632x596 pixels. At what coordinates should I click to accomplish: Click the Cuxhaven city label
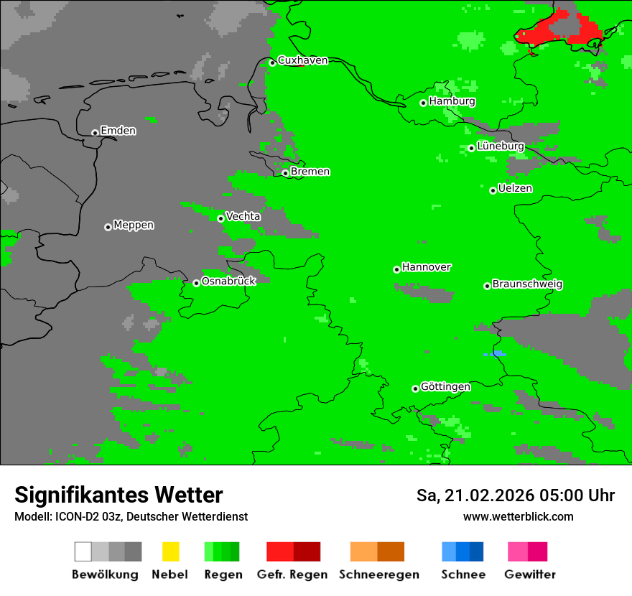click(x=302, y=60)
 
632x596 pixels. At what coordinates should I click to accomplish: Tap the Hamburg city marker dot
click(x=424, y=103)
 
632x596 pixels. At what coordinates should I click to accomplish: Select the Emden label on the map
click(x=118, y=131)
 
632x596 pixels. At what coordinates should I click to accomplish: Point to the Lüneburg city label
click(x=501, y=146)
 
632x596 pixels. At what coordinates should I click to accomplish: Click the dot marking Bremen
click(x=285, y=173)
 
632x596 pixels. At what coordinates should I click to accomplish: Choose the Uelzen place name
click(x=515, y=188)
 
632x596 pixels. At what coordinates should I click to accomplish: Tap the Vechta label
click(x=243, y=216)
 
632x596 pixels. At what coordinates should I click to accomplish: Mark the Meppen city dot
click(x=108, y=227)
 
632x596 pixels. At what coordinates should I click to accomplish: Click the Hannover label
click(x=427, y=267)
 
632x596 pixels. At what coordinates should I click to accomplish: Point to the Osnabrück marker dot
click(x=196, y=283)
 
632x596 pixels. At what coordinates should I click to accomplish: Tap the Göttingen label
click(x=445, y=386)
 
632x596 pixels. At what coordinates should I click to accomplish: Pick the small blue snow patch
click(x=495, y=354)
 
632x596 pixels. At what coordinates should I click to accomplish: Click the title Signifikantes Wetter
click(x=118, y=495)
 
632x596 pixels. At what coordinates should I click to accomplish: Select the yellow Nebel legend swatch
click(x=170, y=551)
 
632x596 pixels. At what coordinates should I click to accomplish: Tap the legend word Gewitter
click(x=529, y=574)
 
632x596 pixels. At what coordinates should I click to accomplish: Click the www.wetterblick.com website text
click(x=518, y=516)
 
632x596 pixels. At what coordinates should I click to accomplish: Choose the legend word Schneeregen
click(x=378, y=574)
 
